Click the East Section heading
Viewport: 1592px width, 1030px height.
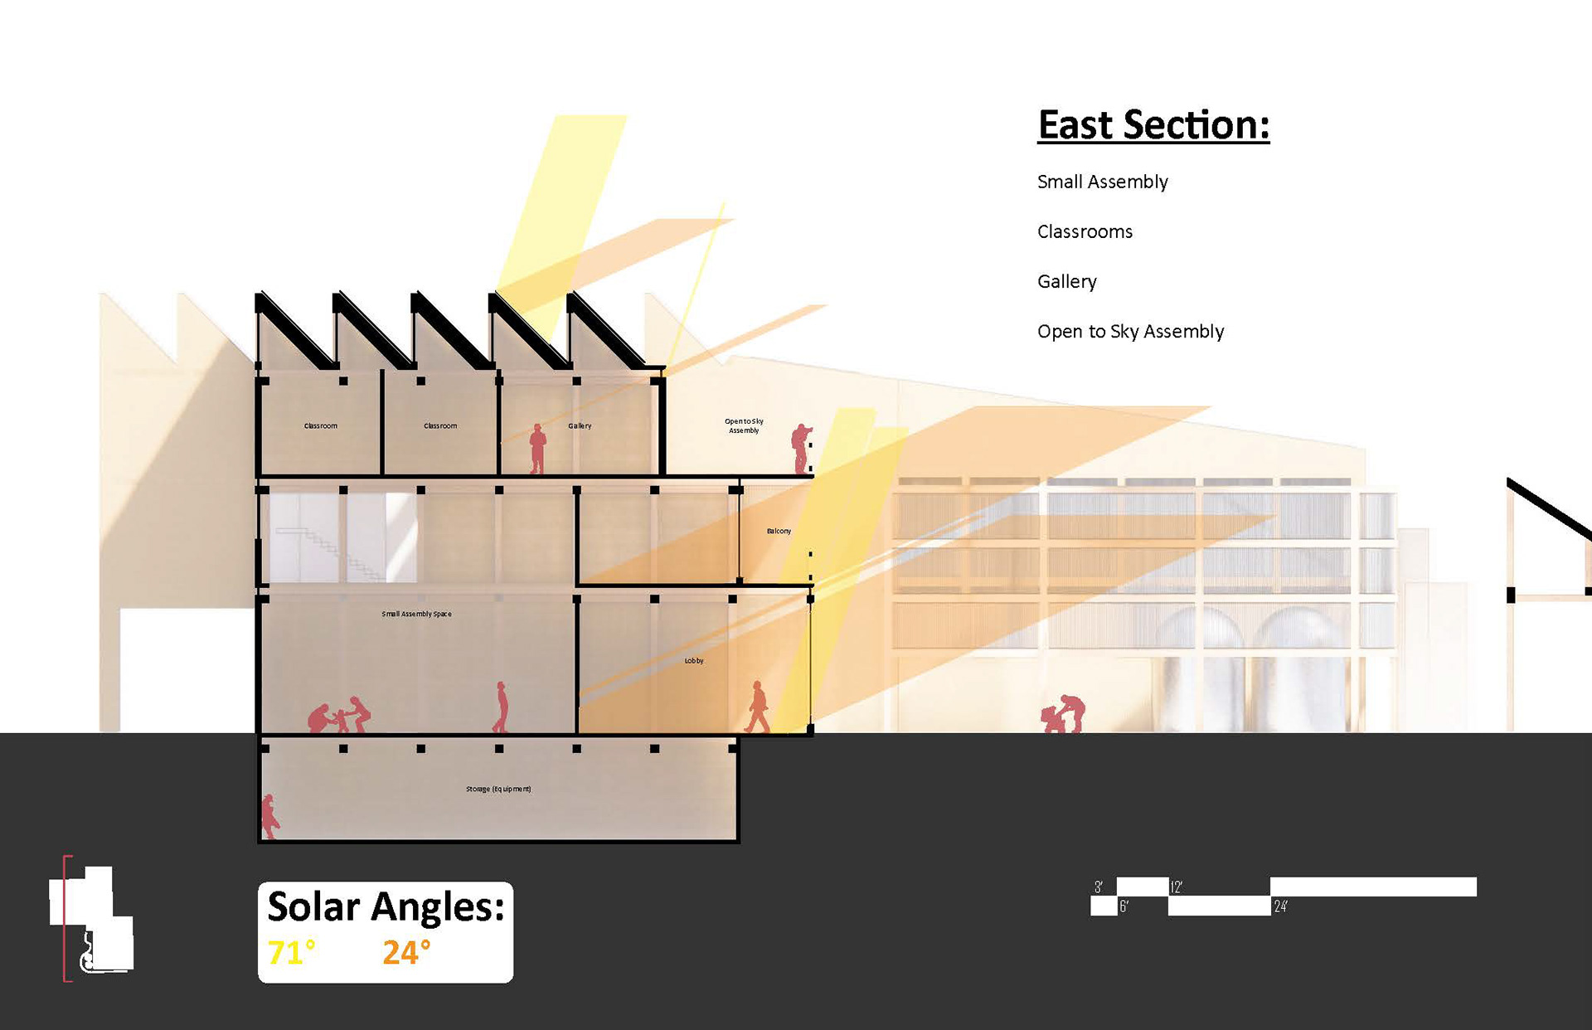click(x=1153, y=125)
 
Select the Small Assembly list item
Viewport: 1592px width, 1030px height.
click(x=1102, y=182)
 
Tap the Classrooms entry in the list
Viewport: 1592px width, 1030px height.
click(x=1085, y=231)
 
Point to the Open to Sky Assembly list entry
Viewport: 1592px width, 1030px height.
click(x=1130, y=332)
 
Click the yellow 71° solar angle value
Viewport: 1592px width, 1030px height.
click(x=291, y=953)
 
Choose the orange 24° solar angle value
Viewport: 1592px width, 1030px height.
click(x=406, y=953)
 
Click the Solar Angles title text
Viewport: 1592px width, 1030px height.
click(x=386, y=906)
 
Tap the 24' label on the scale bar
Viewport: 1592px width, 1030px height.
click(x=1280, y=907)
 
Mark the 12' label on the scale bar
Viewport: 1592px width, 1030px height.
click(x=1176, y=887)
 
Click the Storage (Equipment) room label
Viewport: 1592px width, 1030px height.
click(x=498, y=789)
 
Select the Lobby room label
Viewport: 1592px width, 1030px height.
click(x=694, y=661)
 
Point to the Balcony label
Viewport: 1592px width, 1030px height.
click(x=779, y=531)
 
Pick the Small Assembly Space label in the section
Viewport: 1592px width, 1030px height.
click(x=416, y=614)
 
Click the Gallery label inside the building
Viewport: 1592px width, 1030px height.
click(x=580, y=425)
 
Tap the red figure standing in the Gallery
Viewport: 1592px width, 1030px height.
click(x=537, y=449)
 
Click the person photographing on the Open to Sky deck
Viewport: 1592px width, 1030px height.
click(x=801, y=449)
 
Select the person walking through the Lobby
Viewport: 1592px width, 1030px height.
click(x=757, y=707)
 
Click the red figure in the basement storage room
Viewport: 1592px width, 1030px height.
click(x=269, y=816)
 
